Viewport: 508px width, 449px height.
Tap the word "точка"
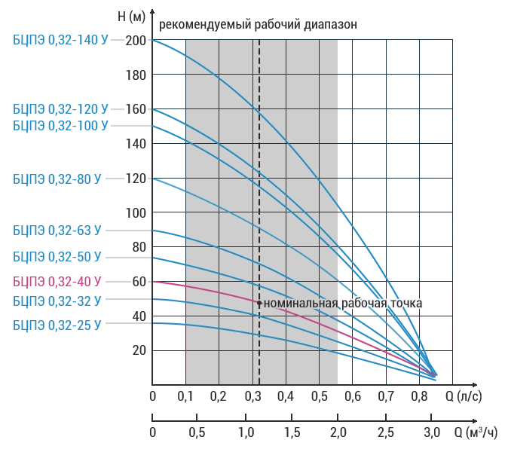coord(407,304)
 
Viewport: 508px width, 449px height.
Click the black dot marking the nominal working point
coord(259,304)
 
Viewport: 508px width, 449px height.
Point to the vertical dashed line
coord(259,188)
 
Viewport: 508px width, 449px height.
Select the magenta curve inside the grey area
coord(226,293)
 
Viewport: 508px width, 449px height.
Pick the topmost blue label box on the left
coord(60,40)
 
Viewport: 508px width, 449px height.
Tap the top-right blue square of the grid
coord(436,57)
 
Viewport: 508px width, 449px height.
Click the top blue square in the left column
coord(170,57)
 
